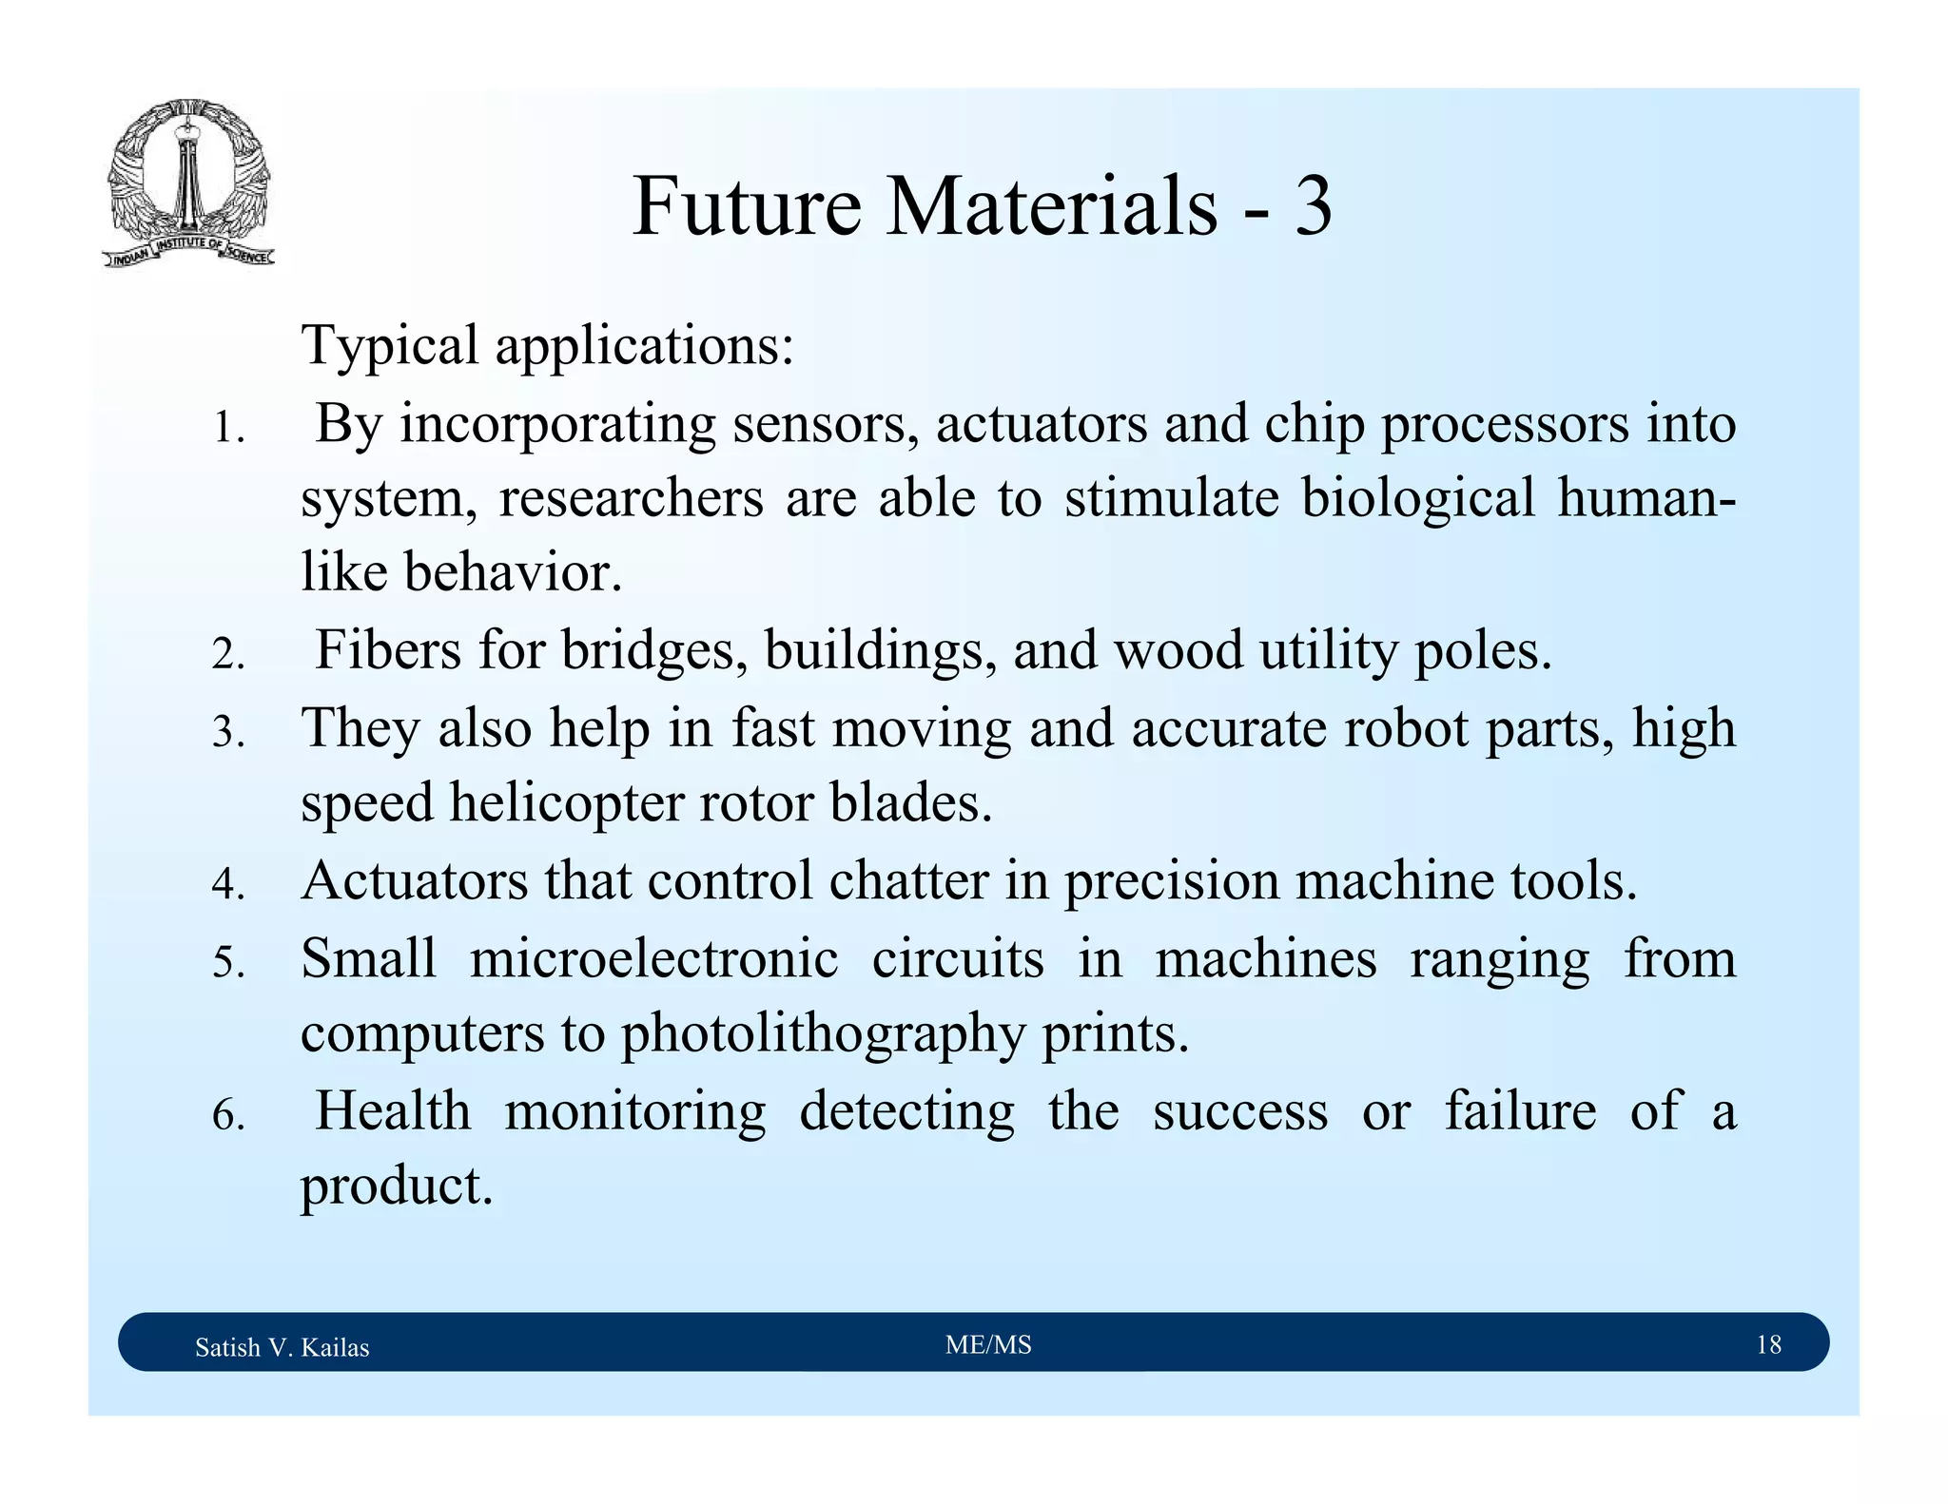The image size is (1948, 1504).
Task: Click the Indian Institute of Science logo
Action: click(x=187, y=183)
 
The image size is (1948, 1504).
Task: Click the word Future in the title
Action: click(x=747, y=206)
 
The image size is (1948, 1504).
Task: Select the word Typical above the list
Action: click(x=390, y=346)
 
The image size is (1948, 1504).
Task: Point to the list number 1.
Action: click(x=228, y=430)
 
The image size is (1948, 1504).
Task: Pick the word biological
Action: click(x=1417, y=500)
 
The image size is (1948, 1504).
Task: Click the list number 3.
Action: click(x=228, y=733)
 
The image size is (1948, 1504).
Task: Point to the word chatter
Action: click(x=908, y=880)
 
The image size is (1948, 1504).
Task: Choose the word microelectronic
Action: click(x=654, y=958)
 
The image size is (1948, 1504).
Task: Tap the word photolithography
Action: click(x=823, y=1035)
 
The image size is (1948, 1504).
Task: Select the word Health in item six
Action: click(x=393, y=1110)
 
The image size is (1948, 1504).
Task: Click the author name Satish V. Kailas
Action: click(x=282, y=1347)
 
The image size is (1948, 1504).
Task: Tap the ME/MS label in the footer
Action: click(x=988, y=1344)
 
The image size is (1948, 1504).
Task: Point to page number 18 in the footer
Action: click(x=1768, y=1344)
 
